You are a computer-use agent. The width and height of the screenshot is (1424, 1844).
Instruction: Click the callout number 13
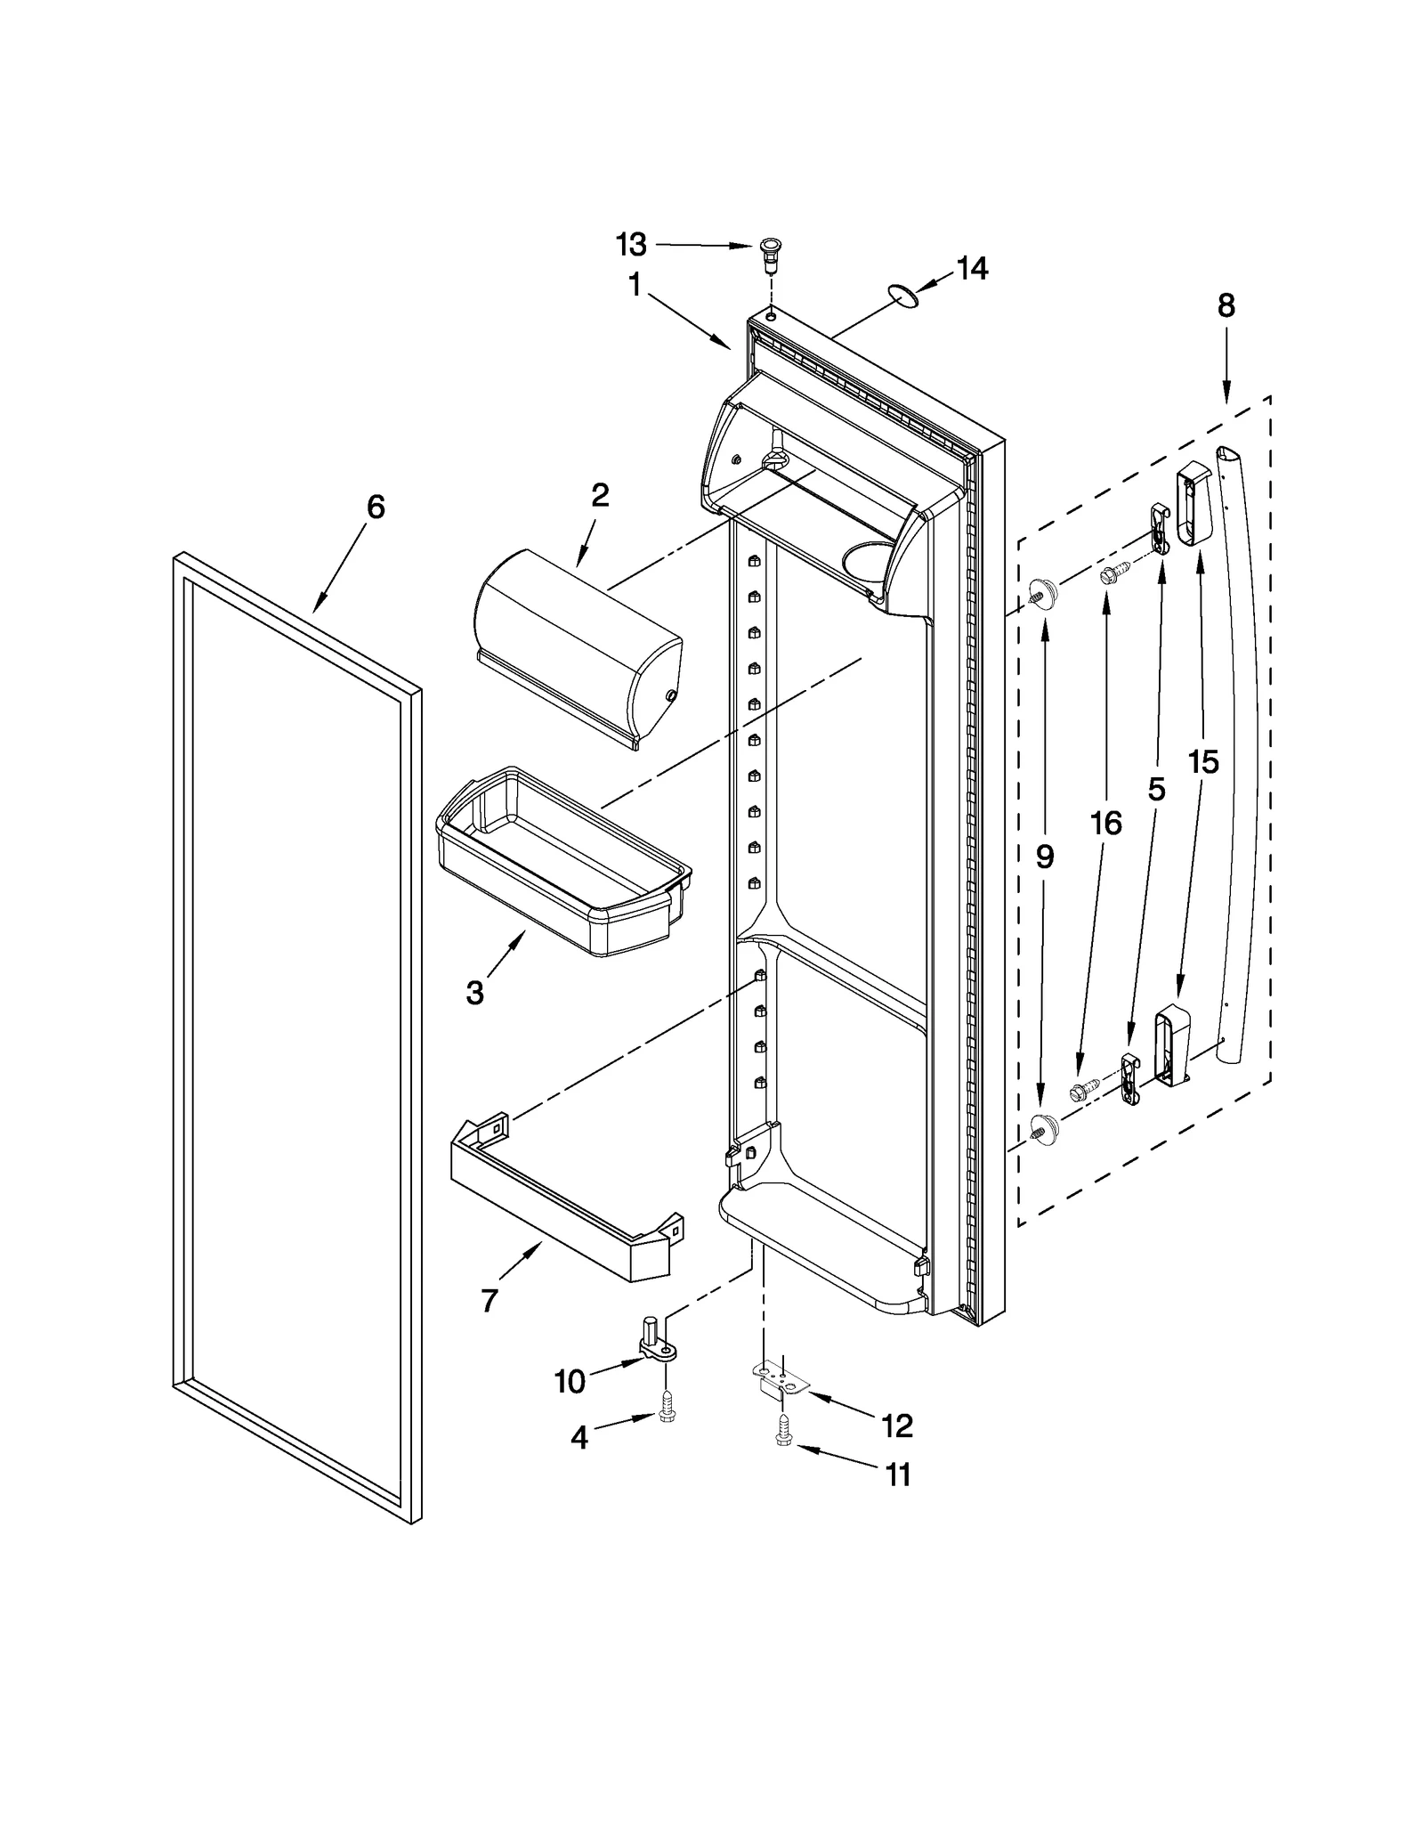[632, 244]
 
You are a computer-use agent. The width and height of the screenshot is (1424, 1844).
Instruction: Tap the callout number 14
[972, 268]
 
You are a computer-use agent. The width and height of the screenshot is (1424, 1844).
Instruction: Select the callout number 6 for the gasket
[376, 507]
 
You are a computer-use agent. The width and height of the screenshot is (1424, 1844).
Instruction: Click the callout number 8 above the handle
[1226, 305]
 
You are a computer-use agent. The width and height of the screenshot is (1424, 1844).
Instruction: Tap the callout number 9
[1044, 857]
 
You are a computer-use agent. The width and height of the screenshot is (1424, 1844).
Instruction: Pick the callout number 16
[1105, 824]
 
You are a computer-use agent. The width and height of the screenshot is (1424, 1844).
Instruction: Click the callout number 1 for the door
[635, 285]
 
